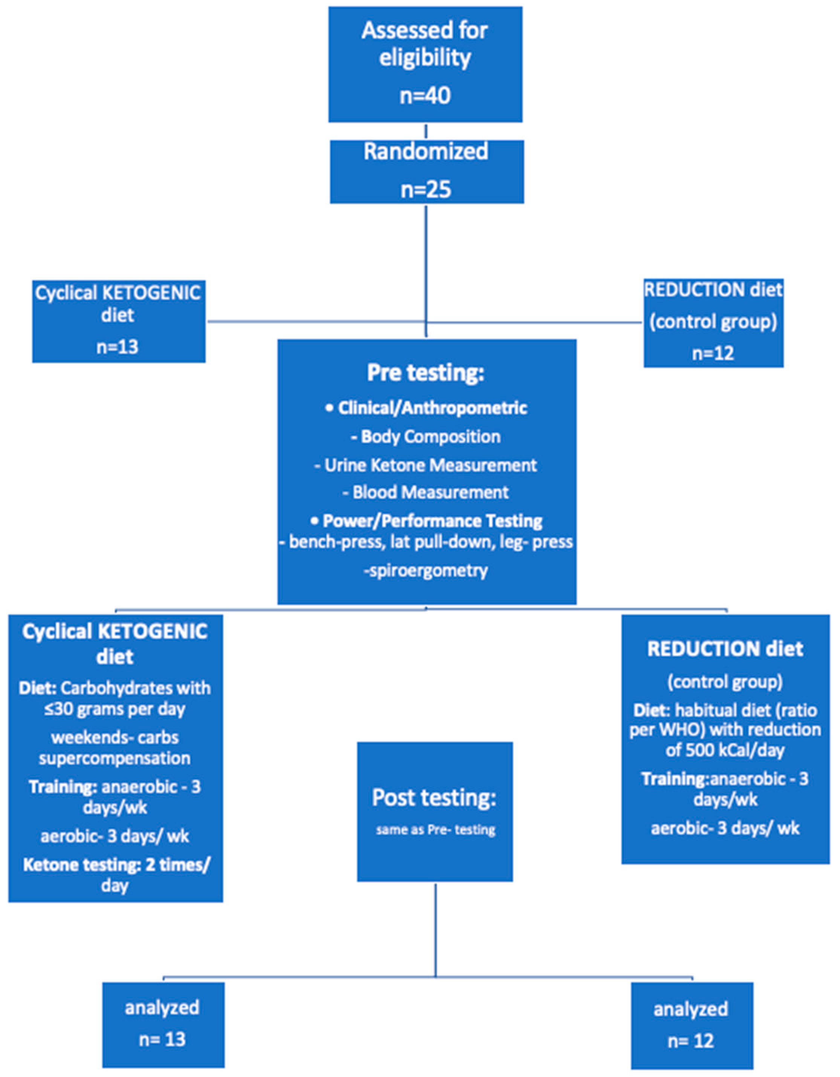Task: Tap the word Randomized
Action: pos(426,151)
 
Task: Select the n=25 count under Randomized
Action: pos(426,189)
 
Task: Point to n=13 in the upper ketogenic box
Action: pos(118,347)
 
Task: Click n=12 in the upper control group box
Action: pos(713,353)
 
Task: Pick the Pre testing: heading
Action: pos(426,373)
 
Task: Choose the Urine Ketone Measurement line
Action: pos(426,465)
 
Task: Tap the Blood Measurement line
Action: pos(426,492)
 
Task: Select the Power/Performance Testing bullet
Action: pos(427,521)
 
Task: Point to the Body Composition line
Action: pos(426,436)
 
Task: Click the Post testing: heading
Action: pos(434,798)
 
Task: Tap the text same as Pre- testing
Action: pos(435,830)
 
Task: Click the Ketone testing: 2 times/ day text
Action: pos(115,875)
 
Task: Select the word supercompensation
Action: pos(115,758)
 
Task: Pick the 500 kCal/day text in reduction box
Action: pos(725,750)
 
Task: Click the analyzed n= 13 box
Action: pos(163,1024)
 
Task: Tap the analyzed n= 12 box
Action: pos(692,1026)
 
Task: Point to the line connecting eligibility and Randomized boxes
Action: pos(426,131)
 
